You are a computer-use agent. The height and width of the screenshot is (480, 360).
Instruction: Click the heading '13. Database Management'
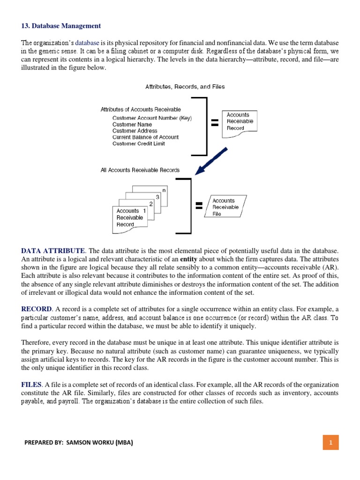pyautogui.click(x=61, y=25)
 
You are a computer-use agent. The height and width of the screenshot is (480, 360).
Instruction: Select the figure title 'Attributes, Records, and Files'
pyautogui.click(x=185, y=87)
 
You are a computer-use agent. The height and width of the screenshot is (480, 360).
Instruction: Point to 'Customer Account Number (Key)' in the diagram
pyautogui.click(x=152, y=118)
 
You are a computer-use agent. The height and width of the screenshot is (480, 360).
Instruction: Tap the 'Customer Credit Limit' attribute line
pyautogui.click(x=138, y=143)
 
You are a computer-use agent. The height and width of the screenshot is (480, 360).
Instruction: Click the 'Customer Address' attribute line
pyautogui.click(x=135, y=131)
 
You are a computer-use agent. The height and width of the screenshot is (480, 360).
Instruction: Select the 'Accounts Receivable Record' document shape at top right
pyautogui.click(x=240, y=122)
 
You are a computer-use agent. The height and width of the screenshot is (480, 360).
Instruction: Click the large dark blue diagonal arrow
pyautogui.click(x=211, y=162)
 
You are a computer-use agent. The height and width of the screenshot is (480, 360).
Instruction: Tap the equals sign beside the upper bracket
pyautogui.click(x=215, y=123)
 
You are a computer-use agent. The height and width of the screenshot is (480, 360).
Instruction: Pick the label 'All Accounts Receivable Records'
pyautogui.click(x=140, y=170)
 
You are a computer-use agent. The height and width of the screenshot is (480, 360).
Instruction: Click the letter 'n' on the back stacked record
pyautogui.click(x=164, y=190)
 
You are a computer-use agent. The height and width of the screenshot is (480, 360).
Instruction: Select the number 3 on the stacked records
pyautogui.click(x=157, y=197)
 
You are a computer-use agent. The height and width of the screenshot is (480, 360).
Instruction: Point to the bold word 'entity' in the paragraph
pyautogui.click(x=188, y=259)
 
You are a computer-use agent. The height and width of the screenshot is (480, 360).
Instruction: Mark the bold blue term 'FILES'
pyautogui.click(x=31, y=384)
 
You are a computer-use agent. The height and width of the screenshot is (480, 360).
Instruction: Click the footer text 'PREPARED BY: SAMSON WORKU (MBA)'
pyautogui.click(x=78, y=442)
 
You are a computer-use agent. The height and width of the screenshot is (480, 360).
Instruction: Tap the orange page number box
pyautogui.click(x=330, y=442)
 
